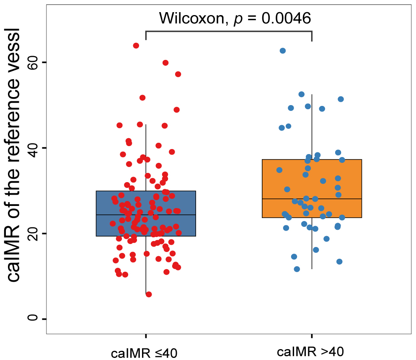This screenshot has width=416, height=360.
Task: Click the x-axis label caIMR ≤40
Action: click(145, 352)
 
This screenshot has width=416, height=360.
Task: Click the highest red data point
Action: click(136, 46)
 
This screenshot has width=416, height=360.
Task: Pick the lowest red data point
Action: click(149, 294)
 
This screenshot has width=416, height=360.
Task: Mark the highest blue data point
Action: click(283, 51)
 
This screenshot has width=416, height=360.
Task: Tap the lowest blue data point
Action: click(297, 269)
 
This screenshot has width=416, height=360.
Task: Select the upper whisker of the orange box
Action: click(312, 126)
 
